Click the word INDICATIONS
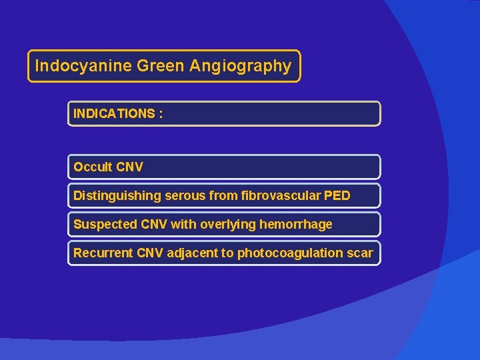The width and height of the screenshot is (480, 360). pyautogui.click(x=113, y=114)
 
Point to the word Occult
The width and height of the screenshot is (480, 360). pyautogui.click(x=93, y=167)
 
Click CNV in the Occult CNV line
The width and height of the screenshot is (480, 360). pyautogui.click(x=129, y=167)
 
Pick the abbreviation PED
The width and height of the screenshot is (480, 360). pyautogui.click(x=337, y=196)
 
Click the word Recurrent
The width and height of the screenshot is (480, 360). pyautogui.click(x=103, y=253)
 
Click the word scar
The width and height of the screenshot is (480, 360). pyautogui.click(x=360, y=253)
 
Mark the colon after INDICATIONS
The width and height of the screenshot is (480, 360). pyautogui.click(x=161, y=114)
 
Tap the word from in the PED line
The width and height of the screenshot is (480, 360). pyautogui.click(x=215, y=196)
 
